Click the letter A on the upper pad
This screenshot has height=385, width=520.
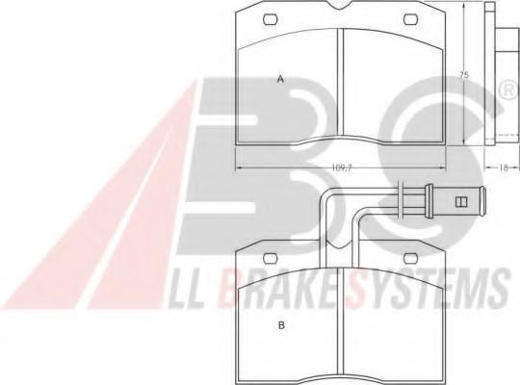(281, 79)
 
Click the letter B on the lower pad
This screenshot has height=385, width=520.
(281, 325)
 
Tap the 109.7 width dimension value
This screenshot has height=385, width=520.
(341, 167)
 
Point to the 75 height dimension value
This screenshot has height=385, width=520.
(464, 75)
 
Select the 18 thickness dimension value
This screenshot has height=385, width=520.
(503, 167)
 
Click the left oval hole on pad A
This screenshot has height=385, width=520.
(271, 19)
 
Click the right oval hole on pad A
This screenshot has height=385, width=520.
(410, 19)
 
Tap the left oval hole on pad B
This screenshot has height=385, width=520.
(271, 258)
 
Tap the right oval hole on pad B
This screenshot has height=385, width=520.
(410, 258)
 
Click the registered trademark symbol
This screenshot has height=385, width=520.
(509, 90)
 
